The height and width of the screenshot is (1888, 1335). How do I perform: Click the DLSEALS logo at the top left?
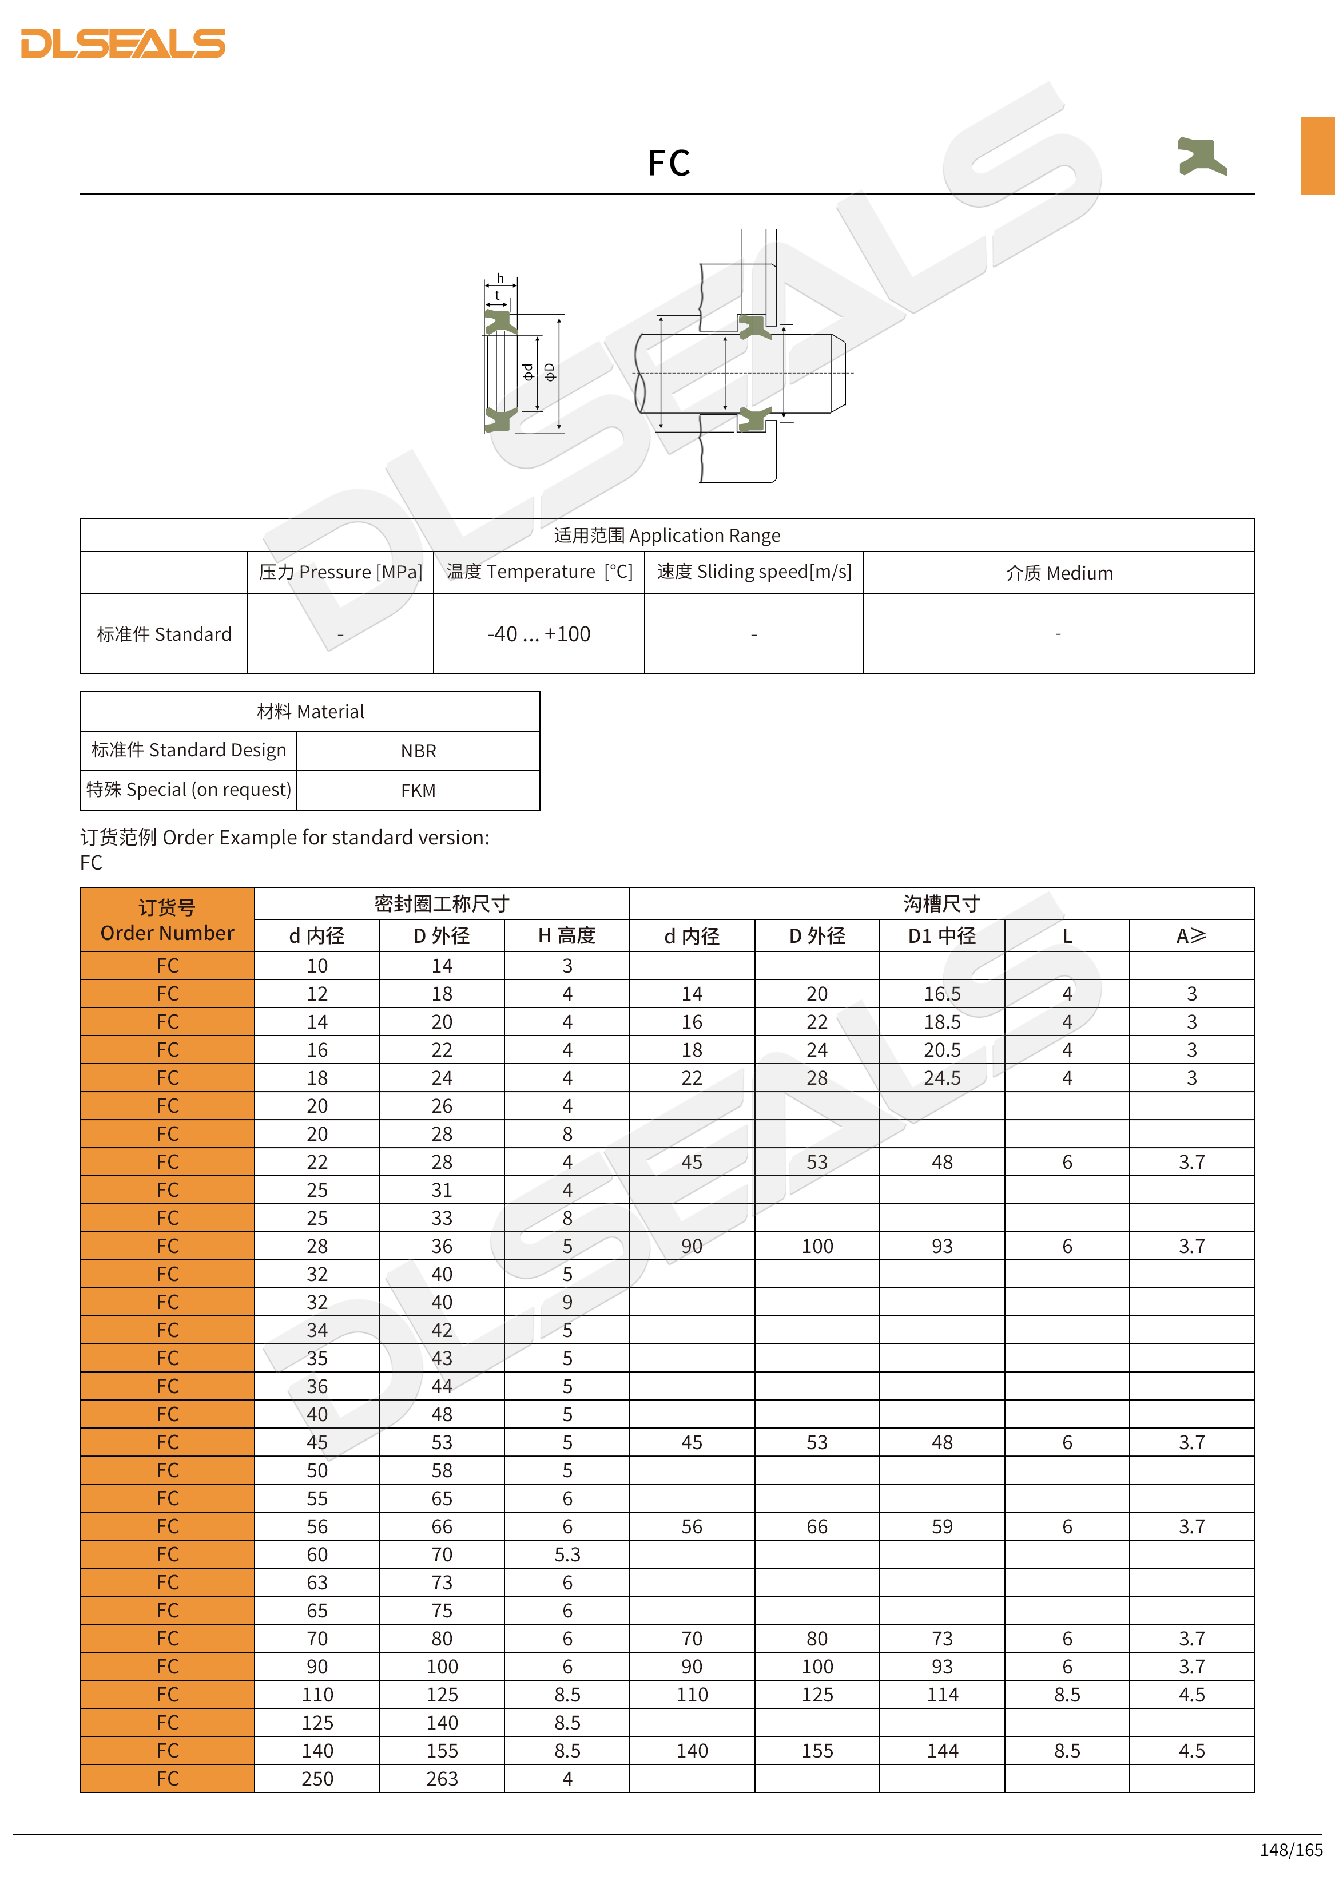point(124,43)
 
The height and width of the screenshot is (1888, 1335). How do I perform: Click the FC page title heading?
point(668,163)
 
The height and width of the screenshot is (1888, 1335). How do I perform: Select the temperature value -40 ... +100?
point(538,634)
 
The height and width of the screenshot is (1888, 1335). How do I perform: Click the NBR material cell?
point(419,751)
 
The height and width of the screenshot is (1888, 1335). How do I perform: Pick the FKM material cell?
point(419,790)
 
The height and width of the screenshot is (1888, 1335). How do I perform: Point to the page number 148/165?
point(1290,1849)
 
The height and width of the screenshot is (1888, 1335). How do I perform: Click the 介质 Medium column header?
point(1059,573)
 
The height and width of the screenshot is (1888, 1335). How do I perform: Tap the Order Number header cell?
point(167,920)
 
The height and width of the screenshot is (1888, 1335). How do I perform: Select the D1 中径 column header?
point(941,936)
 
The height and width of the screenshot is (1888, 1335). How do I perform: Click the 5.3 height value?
point(567,1554)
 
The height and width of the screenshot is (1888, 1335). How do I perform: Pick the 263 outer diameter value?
point(442,1779)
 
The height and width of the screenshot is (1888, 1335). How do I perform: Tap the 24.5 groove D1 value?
point(942,1078)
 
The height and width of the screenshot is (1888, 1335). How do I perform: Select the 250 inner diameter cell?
point(317,1779)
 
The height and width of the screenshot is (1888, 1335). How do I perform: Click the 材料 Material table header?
point(310,711)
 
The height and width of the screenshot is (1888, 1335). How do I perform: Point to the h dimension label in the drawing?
point(500,279)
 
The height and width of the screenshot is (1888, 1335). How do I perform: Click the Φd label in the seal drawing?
point(529,372)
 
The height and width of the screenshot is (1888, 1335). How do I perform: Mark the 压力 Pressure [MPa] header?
point(340,572)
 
